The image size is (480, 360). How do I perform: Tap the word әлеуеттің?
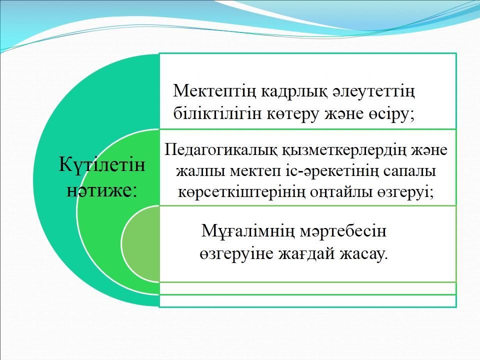(x=373, y=91)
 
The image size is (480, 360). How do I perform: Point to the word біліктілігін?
(x=217, y=114)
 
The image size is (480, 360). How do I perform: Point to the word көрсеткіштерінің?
(x=241, y=192)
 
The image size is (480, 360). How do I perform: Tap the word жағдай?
(x=306, y=254)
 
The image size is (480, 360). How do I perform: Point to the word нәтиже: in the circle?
(x=101, y=190)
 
